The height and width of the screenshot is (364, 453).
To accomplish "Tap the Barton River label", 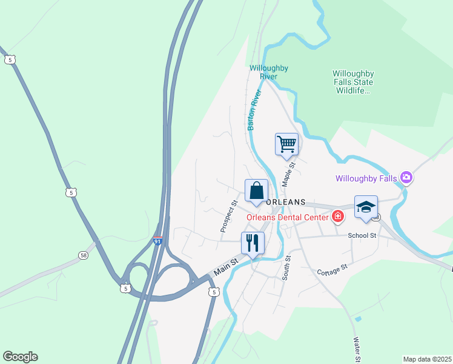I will [254, 110].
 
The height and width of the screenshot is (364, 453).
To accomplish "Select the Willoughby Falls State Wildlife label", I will [352, 82].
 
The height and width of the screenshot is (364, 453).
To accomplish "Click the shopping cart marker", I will [287, 144].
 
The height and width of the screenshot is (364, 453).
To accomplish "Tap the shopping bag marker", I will [256, 190].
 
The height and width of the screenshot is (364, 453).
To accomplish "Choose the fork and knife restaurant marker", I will [253, 243].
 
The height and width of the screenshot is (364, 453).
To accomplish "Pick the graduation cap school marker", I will [366, 207].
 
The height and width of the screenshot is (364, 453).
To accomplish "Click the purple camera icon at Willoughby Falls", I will [406, 178].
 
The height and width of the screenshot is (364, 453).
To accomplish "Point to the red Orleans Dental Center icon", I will [337, 217].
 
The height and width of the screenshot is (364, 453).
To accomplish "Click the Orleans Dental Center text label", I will [287, 217].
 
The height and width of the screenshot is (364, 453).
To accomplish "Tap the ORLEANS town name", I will [286, 202].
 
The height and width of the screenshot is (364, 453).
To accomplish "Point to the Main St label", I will [224, 268].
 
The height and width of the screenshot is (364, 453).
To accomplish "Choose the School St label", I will [362, 235].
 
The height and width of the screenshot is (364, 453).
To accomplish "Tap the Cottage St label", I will [332, 269].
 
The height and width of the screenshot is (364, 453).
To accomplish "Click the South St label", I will [287, 267].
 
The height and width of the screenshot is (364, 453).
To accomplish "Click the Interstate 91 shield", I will [157, 241].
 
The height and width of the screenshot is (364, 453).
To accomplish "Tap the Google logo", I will [20, 357].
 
